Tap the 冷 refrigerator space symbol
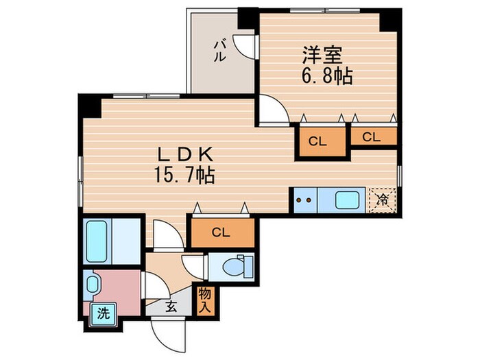[381, 201]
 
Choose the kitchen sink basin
[347, 201]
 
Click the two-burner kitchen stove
[304, 201]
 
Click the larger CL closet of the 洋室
[317, 142]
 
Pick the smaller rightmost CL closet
[372, 136]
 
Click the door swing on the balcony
[244, 45]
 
